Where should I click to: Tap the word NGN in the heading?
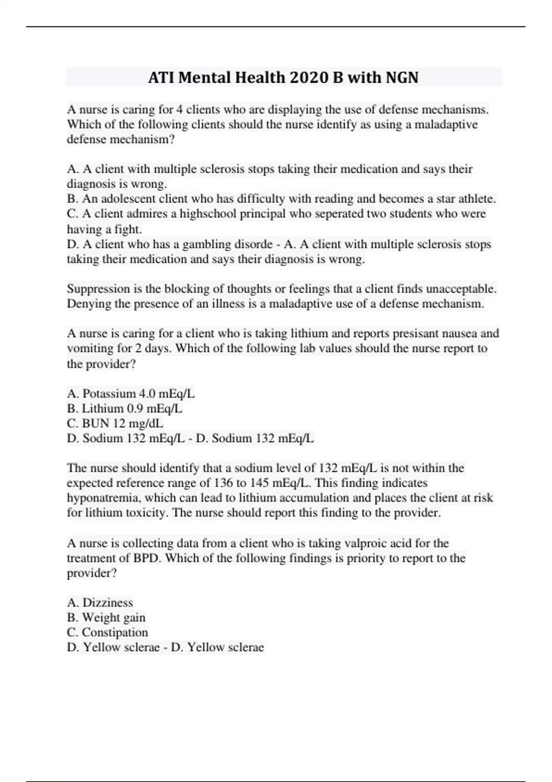[402, 77]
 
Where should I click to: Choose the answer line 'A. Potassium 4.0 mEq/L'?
[131, 394]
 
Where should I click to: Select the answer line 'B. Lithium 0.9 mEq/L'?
[125, 408]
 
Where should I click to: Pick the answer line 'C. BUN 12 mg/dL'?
[115, 423]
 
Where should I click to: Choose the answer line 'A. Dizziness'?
[100, 603]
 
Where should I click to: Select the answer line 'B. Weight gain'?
[106, 617]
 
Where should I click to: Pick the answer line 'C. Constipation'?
[107, 632]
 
